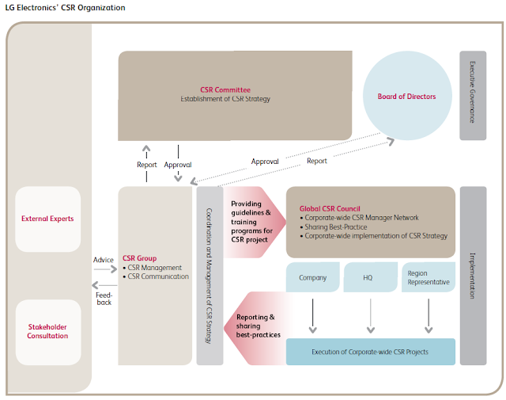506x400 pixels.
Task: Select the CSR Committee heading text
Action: click(x=224, y=90)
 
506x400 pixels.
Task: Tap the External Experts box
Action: click(x=47, y=219)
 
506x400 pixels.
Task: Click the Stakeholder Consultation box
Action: click(x=47, y=330)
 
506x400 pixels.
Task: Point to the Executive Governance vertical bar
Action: click(x=472, y=96)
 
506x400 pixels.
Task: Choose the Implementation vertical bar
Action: click(x=472, y=275)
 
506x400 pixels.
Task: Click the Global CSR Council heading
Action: click(x=330, y=208)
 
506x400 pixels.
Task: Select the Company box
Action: click(x=313, y=278)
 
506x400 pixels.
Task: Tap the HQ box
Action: click(x=368, y=278)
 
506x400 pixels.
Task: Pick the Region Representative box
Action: click(x=428, y=278)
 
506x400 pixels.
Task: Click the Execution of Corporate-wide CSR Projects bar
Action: click(x=370, y=351)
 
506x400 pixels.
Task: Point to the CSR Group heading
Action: click(x=139, y=258)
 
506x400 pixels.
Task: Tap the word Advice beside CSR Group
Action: click(x=103, y=259)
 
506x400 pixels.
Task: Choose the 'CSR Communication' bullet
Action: click(x=158, y=276)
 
